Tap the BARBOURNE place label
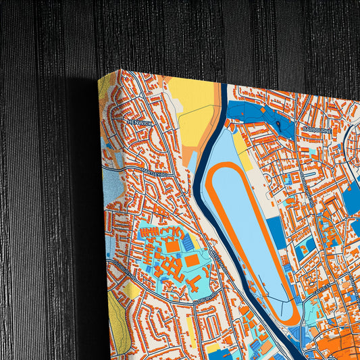click(315, 128)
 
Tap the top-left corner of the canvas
click(99, 79)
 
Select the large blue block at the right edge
click(352, 196)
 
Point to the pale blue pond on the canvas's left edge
click(112, 187)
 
